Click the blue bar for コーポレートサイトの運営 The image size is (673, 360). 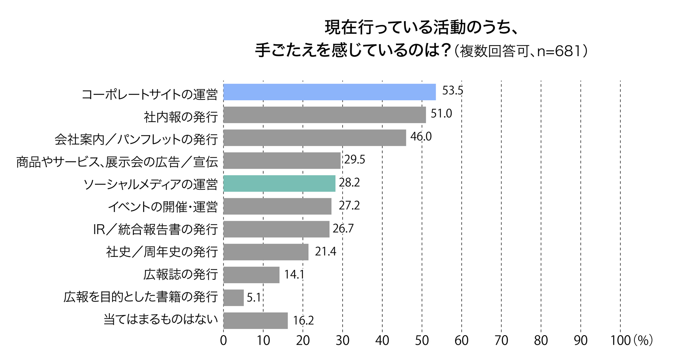point(330,92)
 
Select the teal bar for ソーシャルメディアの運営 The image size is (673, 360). point(279,183)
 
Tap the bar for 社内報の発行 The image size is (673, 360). point(325,115)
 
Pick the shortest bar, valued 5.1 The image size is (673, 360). point(234,297)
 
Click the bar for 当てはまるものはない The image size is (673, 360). point(256,320)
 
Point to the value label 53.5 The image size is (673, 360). point(452,91)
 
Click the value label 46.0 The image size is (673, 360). point(421,137)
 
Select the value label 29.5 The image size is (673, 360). point(355,159)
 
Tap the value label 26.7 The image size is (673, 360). point(343,229)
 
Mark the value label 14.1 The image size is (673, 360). point(294,274)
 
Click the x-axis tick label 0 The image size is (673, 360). point(223,341)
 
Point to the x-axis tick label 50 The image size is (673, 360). point(422,341)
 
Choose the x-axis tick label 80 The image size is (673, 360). point(541,341)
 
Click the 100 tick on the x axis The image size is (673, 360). point(620,341)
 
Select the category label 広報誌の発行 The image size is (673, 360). point(181,274)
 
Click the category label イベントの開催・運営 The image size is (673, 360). point(162,206)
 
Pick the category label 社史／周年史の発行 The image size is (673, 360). point(162,252)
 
